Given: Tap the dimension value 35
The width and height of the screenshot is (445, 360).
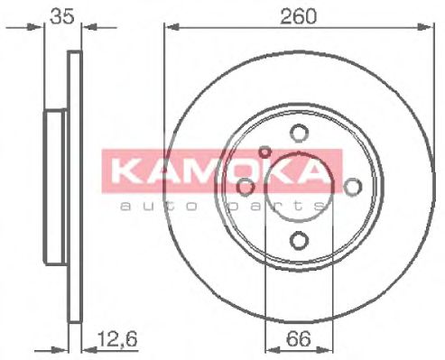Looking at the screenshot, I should [x=60, y=15].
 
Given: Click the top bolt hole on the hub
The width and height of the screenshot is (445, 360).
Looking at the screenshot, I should [x=298, y=134].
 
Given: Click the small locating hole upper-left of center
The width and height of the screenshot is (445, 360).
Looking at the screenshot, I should [x=265, y=152].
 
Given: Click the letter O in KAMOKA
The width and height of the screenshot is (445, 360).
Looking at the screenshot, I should [x=242, y=171].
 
